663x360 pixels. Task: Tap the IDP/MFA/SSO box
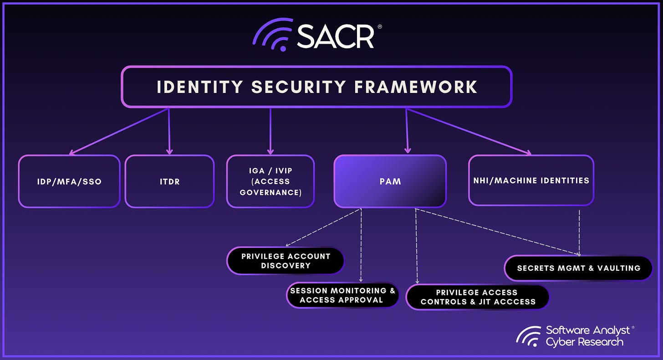coord(69,181)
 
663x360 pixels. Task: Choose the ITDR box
coord(169,181)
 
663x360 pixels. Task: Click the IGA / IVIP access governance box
coord(270,181)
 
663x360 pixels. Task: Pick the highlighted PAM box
coord(390,181)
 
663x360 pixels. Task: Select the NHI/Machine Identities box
coord(531,180)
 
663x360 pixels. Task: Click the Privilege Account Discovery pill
coord(286,261)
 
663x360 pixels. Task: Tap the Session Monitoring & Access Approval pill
coord(342,295)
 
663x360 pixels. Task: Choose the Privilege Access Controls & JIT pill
coord(478,297)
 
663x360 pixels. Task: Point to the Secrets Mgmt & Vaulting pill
coord(578,268)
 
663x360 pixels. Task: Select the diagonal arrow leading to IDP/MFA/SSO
coord(118,131)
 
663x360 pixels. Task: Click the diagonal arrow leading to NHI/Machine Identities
coord(469,131)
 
